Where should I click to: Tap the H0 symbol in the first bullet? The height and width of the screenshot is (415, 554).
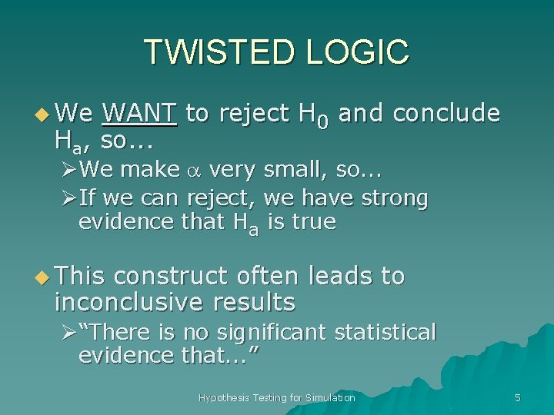point(314,115)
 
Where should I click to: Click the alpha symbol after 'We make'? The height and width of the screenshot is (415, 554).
point(194,169)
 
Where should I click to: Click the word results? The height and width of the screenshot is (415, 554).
point(251,303)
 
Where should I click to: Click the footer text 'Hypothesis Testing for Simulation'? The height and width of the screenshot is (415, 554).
point(276,397)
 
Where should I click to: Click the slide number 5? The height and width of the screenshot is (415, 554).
point(517,397)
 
